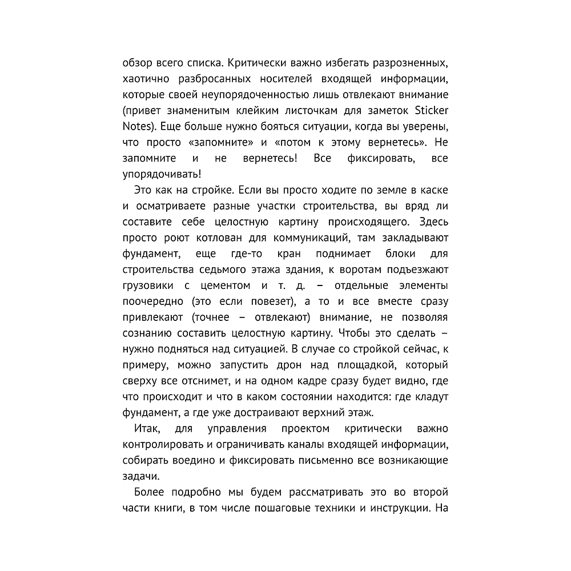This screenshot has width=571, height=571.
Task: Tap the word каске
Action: (436, 188)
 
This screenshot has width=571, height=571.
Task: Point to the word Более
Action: (150, 492)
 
